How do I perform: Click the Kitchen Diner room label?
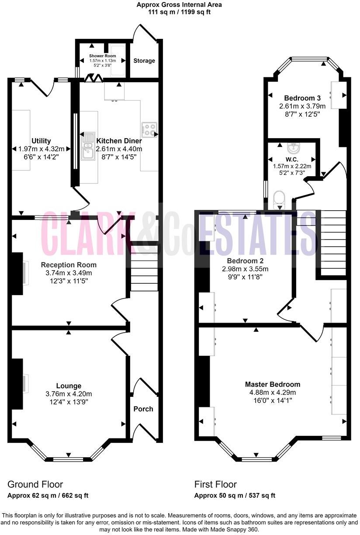click(119, 141)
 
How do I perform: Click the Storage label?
click(144, 61)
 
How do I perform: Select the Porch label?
click(143, 409)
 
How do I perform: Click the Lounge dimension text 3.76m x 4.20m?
click(69, 393)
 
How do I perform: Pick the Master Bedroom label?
click(273, 384)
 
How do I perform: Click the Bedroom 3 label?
click(302, 98)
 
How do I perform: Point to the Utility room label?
click(41, 141)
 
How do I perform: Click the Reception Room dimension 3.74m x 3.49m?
click(69, 273)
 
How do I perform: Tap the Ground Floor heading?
click(35, 484)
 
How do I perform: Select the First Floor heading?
click(215, 484)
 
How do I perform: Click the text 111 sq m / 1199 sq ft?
click(180, 12)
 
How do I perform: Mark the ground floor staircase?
click(144, 271)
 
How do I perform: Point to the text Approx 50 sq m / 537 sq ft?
click(235, 496)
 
